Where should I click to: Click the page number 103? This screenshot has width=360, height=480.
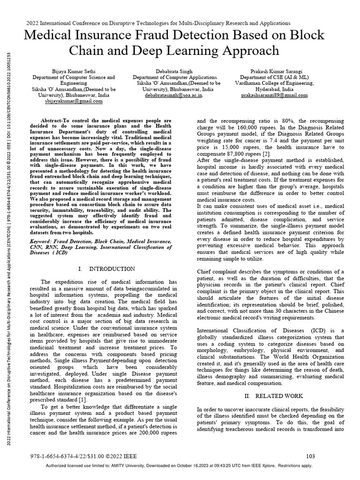tap(310, 456)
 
